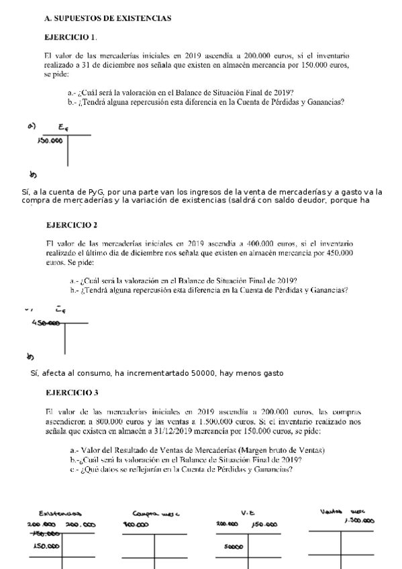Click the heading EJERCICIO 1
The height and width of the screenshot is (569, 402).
click(x=70, y=36)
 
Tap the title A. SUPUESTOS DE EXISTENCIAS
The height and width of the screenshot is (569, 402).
click(x=107, y=18)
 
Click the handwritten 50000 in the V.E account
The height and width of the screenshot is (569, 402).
click(x=234, y=546)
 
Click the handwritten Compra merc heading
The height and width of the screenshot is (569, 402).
click(x=153, y=513)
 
